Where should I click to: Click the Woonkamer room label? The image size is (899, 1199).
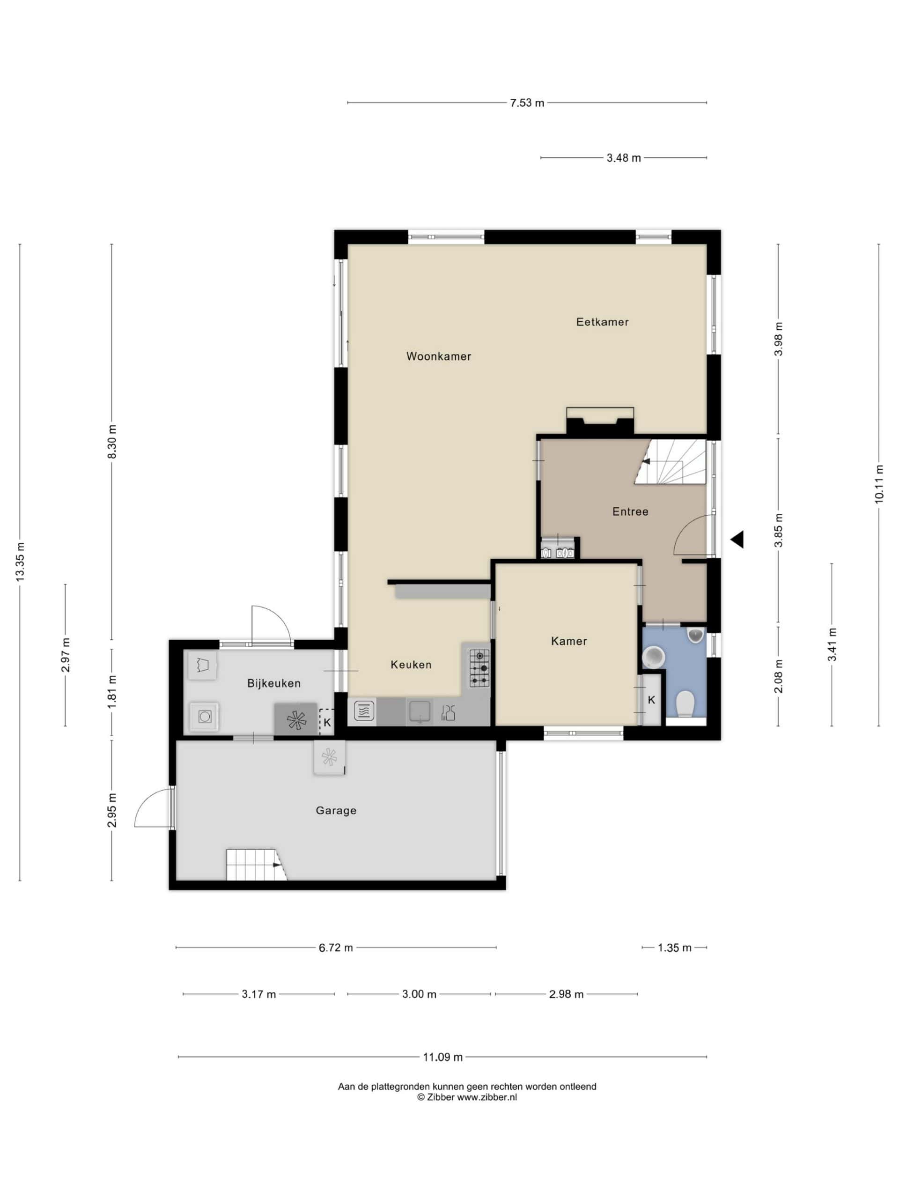click(x=438, y=356)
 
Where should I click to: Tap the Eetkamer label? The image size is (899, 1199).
click(x=602, y=322)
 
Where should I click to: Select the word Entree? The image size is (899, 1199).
click(x=630, y=511)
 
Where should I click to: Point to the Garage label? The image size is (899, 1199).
click(x=336, y=810)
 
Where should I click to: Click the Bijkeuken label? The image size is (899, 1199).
click(x=273, y=683)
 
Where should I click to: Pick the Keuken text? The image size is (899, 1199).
click(x=411, y=665)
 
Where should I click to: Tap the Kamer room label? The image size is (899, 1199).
click(x=569, y=641)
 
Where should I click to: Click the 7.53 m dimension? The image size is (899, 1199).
click(x=527, y=103)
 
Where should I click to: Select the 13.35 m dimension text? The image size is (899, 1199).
click(x=21, y=562)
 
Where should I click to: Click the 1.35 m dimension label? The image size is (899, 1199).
click(x=675, y=947)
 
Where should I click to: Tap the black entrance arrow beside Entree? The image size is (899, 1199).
click(x=737, y=540)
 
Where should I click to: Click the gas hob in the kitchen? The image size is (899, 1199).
click(x=479, y=668)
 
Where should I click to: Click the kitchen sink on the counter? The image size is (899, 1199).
click(x=420, y=711)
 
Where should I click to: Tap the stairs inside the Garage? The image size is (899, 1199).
click(x=256, y=865)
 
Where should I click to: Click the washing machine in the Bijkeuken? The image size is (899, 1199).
click(x=204, y=717)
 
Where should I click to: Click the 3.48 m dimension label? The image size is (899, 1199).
click(x=623, y=158)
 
